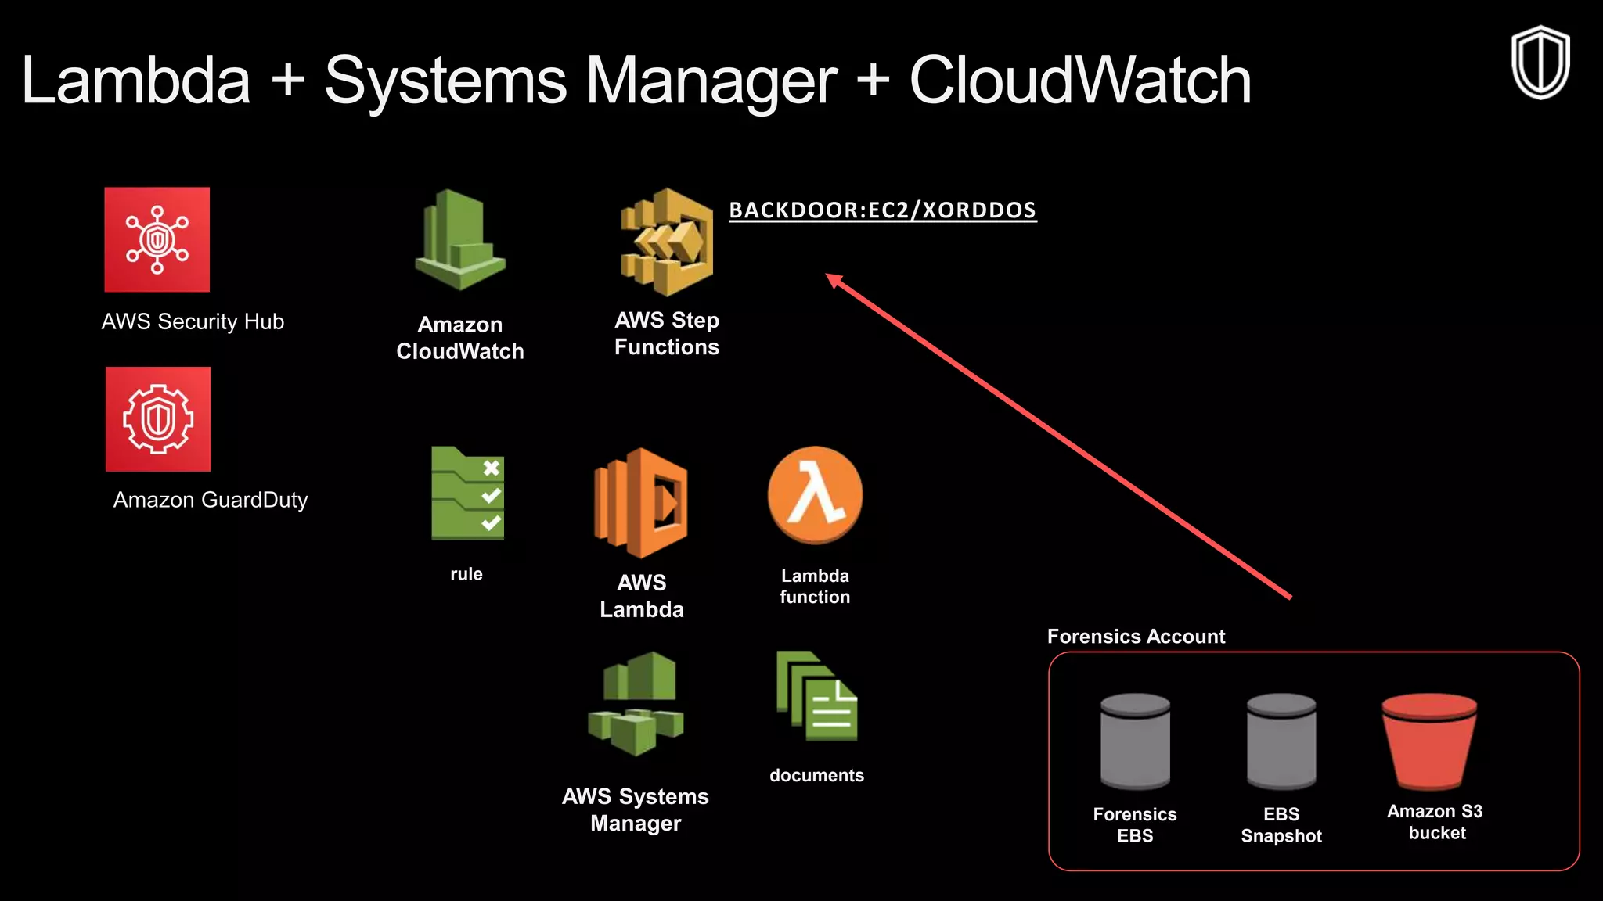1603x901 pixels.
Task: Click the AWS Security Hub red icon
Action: coord(157,239)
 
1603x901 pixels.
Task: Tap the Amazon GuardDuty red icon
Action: coord(158,419)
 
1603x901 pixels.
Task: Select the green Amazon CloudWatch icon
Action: coord(460,241)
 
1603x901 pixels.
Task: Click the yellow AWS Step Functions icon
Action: coord(667,242)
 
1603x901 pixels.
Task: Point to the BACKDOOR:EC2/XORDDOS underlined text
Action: coord(882,210)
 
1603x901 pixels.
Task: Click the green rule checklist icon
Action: coord(467,494)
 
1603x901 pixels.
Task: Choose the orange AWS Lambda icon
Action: coord(641,503)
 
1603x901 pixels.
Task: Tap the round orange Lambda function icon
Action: coord(815,495)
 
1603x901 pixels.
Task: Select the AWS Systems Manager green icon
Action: coord(636,704)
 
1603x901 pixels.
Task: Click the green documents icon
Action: coord(816,697)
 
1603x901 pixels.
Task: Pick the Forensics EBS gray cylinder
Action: coord(1135,741)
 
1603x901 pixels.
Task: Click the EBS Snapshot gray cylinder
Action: coord(1281,741)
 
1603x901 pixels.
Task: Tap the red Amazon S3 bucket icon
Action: coord(1429,741)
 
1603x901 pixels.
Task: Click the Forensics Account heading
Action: coord(1136,637)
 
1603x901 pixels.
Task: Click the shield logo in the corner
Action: coord(1540,63)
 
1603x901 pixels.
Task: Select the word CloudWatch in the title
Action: coord(1079,81)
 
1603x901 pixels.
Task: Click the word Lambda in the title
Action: coord(135,81)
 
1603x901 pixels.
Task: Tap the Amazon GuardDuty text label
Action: coord(211,500)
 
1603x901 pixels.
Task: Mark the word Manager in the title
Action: coord(711,81)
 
